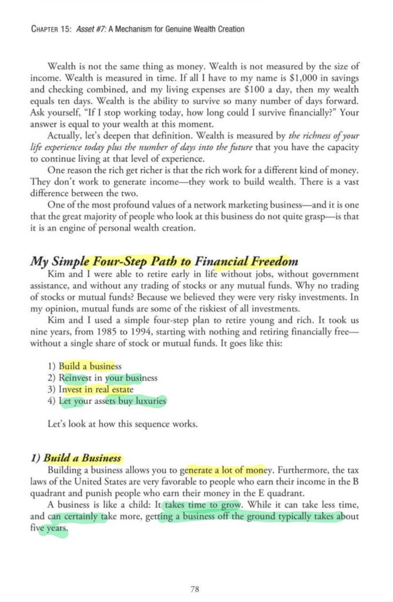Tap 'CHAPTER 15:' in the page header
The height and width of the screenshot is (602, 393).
click(51, 29)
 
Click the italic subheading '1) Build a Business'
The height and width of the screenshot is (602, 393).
click(77, 458)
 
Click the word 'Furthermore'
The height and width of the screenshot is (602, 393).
click(302, 470)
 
